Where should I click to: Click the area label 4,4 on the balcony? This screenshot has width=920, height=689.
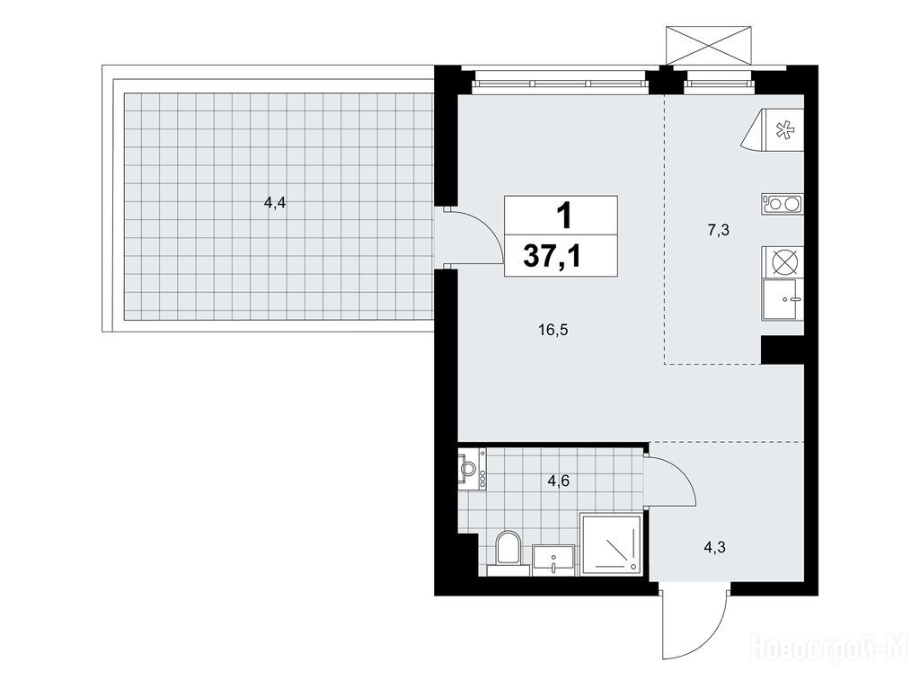[275, 204]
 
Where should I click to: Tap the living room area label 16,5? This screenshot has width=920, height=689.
[553, 331]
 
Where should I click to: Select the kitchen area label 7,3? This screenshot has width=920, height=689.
[718, 230]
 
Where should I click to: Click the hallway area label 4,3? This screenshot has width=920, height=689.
[714, 548]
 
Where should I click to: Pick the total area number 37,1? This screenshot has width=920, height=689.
[553, 256]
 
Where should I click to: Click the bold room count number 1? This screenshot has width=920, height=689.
[564, 216]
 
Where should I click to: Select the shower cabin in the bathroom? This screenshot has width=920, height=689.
[612, 543]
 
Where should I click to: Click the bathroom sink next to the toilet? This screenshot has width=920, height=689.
[553, 560]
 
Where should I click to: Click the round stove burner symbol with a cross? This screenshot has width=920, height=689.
[783, 261]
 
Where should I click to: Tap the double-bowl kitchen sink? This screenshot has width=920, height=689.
[783, 204]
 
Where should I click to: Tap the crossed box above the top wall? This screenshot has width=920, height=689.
[709, 45]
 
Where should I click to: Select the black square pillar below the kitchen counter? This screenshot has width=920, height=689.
[783, 350]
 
